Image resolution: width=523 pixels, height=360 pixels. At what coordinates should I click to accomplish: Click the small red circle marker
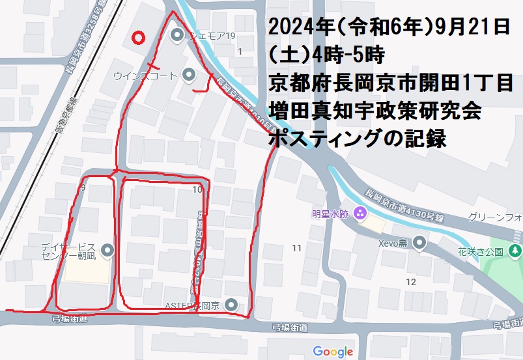137,38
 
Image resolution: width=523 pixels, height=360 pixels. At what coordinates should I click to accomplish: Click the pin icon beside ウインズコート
189,76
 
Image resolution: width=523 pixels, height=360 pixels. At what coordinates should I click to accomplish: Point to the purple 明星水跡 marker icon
359,214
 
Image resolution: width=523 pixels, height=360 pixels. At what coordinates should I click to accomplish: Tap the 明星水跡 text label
330,214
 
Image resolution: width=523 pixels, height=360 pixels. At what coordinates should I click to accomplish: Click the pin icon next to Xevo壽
420,243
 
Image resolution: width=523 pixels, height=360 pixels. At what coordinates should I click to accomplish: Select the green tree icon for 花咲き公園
516,251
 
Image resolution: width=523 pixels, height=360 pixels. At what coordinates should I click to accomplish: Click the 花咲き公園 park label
480,251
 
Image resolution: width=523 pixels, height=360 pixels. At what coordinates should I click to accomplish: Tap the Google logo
333,352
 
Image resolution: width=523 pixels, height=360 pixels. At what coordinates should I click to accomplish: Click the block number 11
296,248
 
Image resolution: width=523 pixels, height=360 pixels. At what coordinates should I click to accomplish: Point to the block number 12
410,282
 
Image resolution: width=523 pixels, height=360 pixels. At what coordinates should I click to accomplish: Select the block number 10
197,189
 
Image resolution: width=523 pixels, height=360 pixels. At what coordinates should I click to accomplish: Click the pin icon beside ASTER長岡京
231,304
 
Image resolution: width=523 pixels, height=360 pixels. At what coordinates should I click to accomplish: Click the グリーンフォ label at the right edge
495,217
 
